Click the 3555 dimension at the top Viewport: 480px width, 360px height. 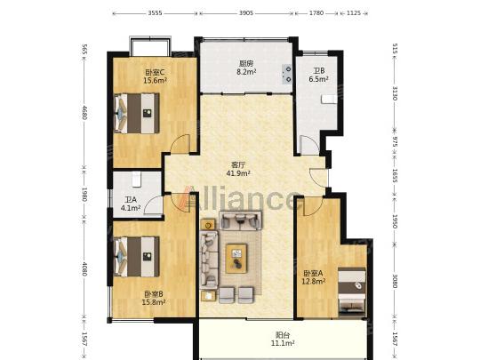pos(156,13)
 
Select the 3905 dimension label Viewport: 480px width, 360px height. pos(246,13)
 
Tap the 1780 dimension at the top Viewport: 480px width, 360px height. pos(316,13)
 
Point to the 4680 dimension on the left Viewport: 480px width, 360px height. pos(84,113)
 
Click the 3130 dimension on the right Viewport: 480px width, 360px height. pos(395,93)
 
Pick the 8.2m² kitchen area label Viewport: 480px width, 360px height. pos(246,72)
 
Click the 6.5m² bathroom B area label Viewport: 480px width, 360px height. pos(319,79)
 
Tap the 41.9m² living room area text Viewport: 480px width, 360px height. pos(238,173)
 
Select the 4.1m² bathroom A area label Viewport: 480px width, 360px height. pos(131,208)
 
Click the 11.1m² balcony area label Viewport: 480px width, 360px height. pos(283,343)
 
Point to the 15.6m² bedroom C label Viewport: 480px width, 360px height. pos(156,81)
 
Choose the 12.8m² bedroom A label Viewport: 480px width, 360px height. pos(314,281)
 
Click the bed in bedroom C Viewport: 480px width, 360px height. pos(137,113)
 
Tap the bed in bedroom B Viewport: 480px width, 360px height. pos(137,257)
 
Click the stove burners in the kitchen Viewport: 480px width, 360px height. pos(287,74)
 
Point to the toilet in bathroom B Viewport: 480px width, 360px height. pos(328,100)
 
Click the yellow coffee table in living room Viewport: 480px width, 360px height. pos(236,258)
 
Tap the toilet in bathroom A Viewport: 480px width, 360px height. pos(136,179)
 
